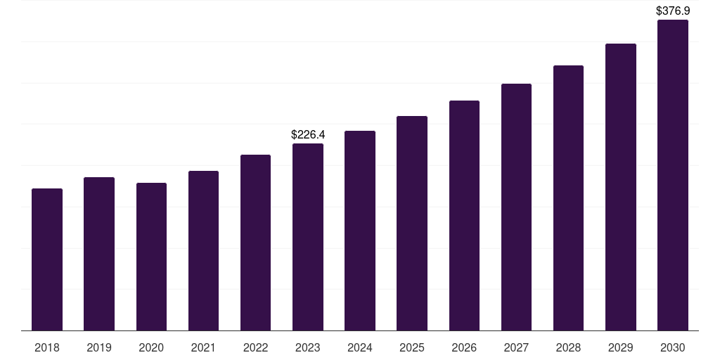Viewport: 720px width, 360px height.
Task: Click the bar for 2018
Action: coord(47,259)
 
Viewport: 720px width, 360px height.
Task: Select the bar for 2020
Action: coord(151,257)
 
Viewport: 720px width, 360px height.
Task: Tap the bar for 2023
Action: coord(308,237)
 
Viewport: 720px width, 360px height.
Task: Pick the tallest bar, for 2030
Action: coord(673,175)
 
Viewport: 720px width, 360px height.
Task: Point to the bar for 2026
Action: coord(464,215)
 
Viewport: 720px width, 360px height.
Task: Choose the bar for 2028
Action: coord(568,198)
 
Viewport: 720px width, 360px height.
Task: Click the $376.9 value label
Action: coord(673,11)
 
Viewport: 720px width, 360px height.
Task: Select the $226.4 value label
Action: coord(308,134)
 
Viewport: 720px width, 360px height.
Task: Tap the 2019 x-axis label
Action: coord(99,347)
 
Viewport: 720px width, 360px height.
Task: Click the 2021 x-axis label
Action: coord(203,347)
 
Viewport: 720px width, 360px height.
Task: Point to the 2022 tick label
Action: coord(255,347)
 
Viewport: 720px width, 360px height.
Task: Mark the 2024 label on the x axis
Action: coord(360,347)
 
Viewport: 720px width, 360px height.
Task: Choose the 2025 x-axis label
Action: coord(412,347)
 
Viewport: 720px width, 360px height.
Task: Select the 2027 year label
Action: coord(516,347)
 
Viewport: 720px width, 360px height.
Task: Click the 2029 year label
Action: coord(621,347)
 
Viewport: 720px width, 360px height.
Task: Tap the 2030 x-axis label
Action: coord(673,347)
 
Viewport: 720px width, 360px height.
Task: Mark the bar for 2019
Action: coord(99,254)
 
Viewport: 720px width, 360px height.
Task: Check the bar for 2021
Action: coord(203,250)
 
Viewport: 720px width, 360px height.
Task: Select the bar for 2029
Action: coord(621,187)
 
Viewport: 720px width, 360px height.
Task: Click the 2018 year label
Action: coord(47,347)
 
